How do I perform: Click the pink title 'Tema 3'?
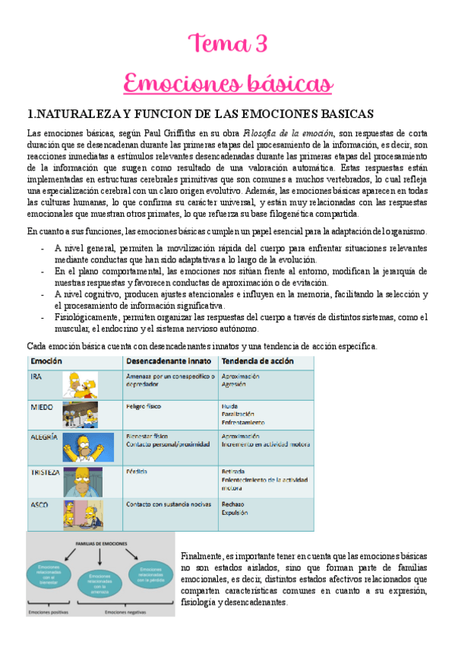(227, 44)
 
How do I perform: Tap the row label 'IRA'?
(36, 377)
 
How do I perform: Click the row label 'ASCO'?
(39, 504)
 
